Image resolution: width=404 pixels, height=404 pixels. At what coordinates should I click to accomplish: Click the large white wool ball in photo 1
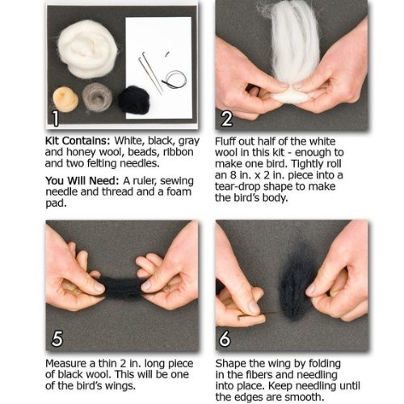88,49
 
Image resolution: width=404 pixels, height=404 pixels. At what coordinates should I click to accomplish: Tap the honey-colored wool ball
65,99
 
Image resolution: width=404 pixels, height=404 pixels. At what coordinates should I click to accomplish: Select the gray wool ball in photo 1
97,97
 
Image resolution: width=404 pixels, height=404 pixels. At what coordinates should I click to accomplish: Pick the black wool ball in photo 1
134,99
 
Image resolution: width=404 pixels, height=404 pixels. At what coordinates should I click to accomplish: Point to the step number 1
55,118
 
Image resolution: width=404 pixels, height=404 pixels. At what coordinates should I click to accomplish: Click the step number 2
226,119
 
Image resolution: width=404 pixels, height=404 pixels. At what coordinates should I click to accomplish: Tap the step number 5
57,339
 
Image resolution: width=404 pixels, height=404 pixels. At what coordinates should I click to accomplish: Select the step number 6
225,339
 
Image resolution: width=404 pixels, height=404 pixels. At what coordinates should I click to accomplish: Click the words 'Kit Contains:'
78,141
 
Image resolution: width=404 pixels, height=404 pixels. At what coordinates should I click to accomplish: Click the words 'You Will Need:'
82,181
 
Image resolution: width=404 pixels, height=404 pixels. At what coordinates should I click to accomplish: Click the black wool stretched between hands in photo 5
122,288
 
